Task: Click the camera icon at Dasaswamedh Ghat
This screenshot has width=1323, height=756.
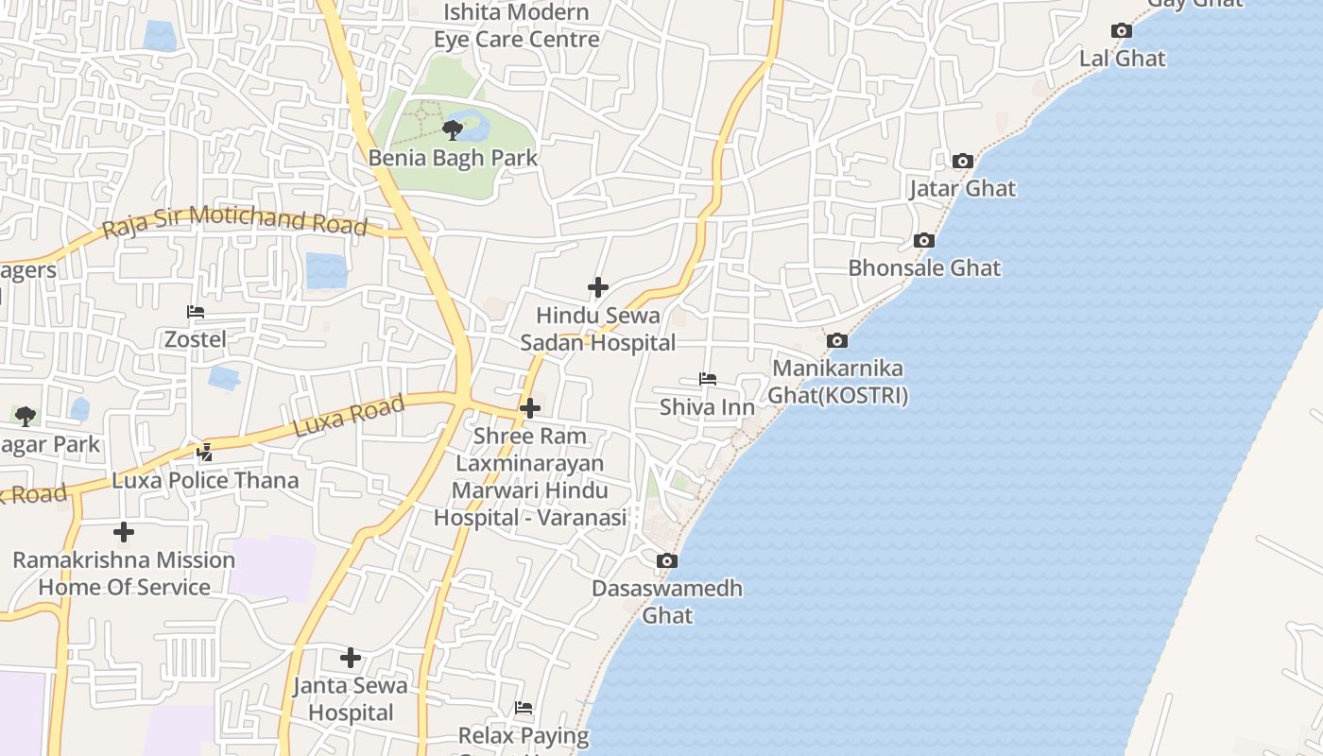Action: point(666,561)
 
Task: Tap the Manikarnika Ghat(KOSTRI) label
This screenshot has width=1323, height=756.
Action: point(837,382)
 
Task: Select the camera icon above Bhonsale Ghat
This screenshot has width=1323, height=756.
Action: point(924,241)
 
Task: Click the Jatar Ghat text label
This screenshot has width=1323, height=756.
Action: point(962,189)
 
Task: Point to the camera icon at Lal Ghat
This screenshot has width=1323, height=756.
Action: point(1122,31)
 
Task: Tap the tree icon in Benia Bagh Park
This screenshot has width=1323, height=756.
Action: point(453,129)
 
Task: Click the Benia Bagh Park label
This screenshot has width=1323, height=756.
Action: point(453,158)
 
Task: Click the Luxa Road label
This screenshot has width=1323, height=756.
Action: point(349,416)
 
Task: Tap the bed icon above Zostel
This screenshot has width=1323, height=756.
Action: point(196,312)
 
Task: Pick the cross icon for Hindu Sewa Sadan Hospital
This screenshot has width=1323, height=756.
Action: point(598,287)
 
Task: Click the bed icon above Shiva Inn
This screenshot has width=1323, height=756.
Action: point(707,379)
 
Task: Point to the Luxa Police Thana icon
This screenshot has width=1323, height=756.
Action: point(204,453)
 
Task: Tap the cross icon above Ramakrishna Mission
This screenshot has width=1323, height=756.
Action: point(123,532)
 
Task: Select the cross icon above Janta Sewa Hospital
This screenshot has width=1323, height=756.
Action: point(351,658)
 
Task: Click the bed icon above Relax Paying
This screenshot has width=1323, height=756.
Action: point(524,708)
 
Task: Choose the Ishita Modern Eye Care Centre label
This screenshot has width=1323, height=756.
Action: point(517,26)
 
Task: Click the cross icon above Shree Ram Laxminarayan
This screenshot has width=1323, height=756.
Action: point(530,408)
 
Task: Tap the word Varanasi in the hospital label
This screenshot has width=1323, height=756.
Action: point(587,518)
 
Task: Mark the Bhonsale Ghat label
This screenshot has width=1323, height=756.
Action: point(923,268)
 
